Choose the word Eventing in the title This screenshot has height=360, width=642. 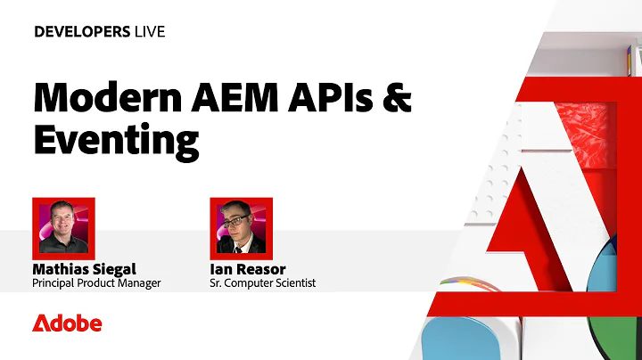coord(114,140)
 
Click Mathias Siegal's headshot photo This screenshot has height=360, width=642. coord(63,227)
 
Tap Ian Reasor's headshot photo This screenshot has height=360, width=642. coord(241,227)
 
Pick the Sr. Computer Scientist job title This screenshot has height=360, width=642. coord(262,284)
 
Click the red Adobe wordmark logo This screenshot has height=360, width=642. coord(67,323)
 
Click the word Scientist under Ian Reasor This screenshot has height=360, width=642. coord(293,284)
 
